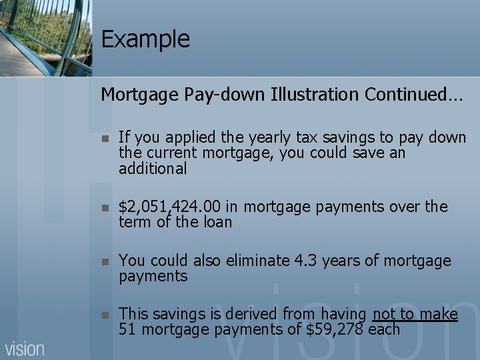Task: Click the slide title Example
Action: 145,39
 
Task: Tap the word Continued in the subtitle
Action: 406,95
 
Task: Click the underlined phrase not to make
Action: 415,314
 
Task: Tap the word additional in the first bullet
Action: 153,169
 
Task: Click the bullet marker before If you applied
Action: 105,139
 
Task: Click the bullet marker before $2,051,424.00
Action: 105,208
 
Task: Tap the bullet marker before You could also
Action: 105,261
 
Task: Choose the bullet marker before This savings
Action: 105,315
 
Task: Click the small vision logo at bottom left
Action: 25,347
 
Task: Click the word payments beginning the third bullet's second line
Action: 153,276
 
